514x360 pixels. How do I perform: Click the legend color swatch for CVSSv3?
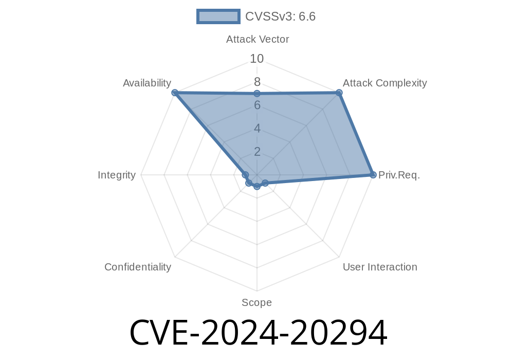pos(218,16)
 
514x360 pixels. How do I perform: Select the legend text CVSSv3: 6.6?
pos(280,16)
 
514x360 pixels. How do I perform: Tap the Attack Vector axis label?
pos(258,40)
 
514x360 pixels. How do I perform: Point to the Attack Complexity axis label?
pos(385,83)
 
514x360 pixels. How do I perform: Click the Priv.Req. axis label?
pos(399,175)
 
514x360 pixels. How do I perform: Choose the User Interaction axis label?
pos(380,267)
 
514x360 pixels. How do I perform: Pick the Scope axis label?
pos(256,302)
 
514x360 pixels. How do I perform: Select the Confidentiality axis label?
pos(138,267)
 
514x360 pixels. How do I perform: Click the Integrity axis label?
pos(117,175)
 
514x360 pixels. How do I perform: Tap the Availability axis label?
pos(147,83)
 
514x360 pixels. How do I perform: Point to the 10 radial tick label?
pos(256,59)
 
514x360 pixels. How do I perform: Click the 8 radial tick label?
pos(257,82)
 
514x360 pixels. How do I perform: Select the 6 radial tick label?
pos(257,105)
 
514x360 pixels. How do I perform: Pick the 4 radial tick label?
pos(257,128)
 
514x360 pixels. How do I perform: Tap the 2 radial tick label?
pos(257,152)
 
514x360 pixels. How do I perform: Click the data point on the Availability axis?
pos(175,93)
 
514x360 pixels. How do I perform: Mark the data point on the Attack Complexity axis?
pos(339,93)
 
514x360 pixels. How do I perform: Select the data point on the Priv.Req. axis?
pos(373,175)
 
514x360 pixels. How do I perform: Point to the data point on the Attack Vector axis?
pos(257,94)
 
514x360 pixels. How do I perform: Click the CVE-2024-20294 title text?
pos(259,333)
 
